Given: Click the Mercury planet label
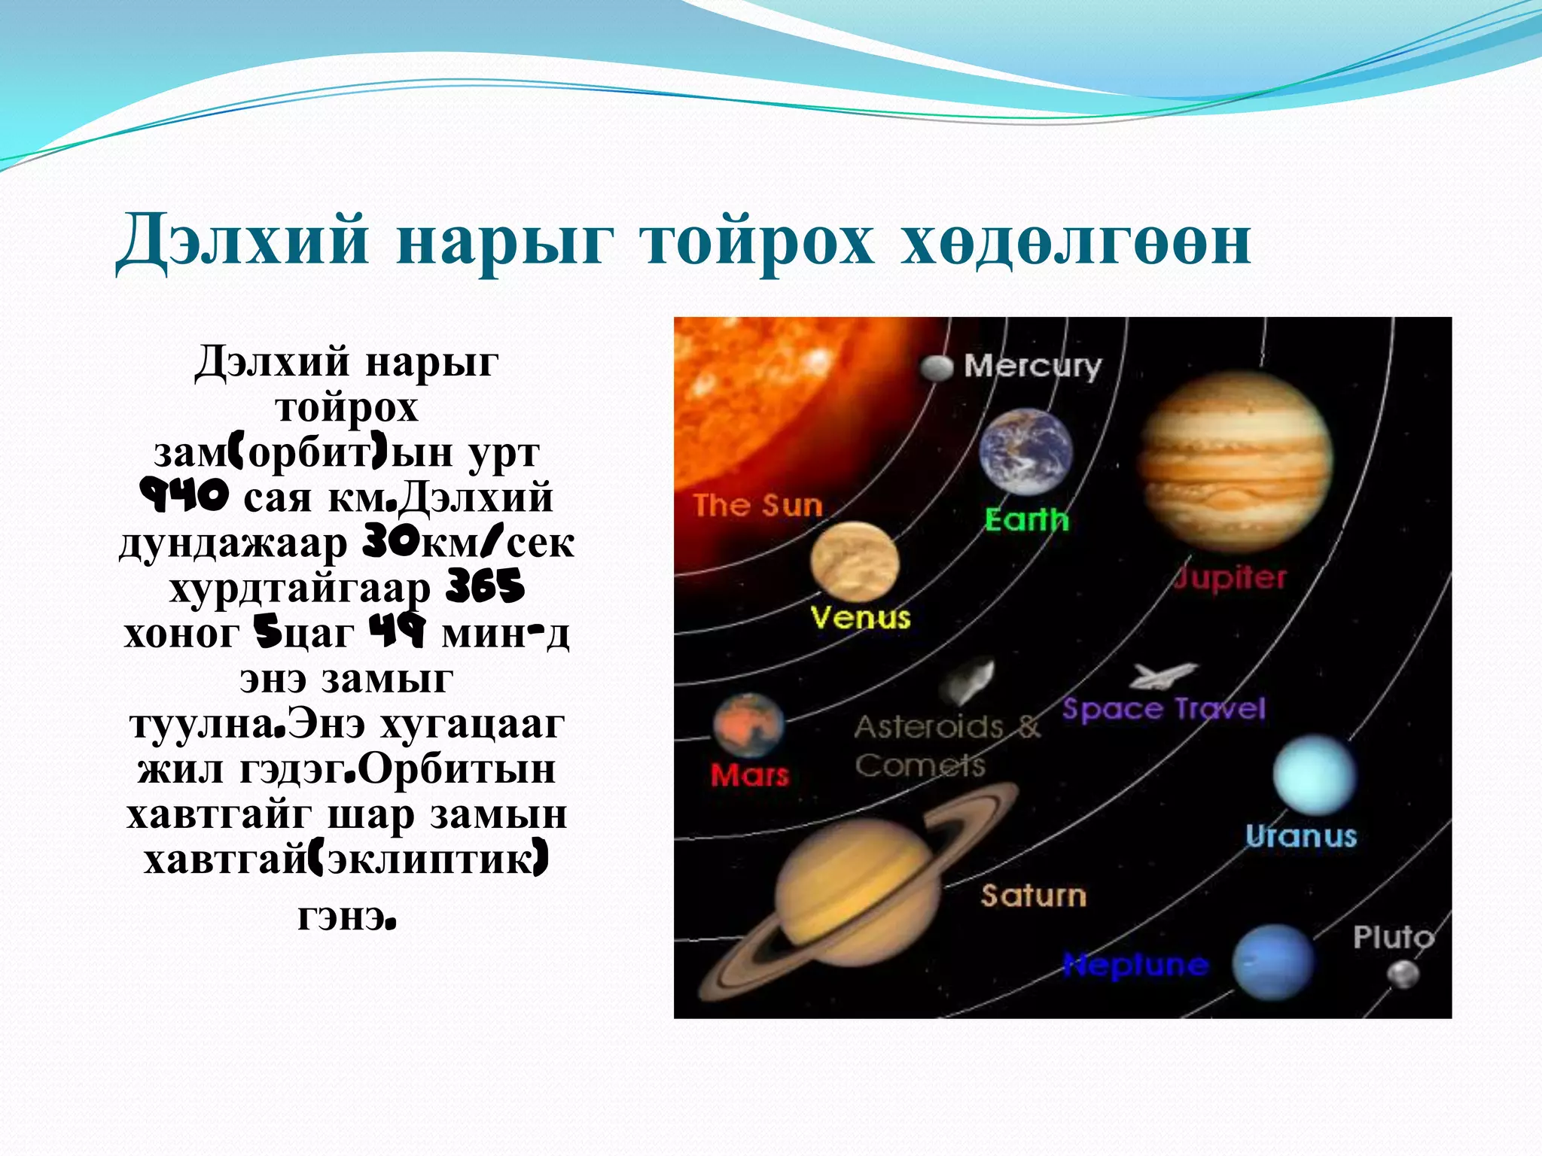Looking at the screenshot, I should (1033, 367).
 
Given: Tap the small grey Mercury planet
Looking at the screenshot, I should (937, 367).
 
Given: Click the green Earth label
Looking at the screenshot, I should (1026, 520).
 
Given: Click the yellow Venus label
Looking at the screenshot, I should (860, 618).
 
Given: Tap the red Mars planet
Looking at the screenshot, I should (748, 726).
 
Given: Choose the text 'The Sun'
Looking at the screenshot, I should (757, 505).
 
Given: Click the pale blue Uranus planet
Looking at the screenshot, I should (1314, 775).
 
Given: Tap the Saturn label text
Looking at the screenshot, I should (1033, 896).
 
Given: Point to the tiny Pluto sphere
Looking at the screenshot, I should (1403, 975).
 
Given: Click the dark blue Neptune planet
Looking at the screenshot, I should (1272, 962).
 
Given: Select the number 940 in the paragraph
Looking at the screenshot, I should (184, 497).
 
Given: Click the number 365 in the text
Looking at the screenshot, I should (485, 587).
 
